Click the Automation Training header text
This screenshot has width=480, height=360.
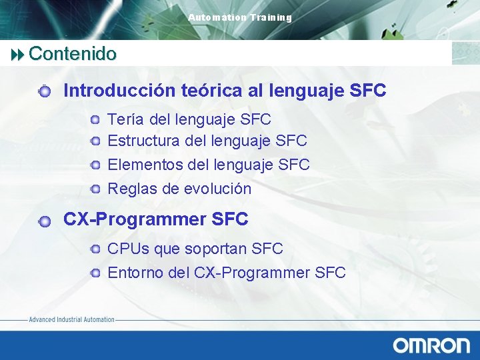pos(240,18)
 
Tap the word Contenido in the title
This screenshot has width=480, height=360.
pos(73,53)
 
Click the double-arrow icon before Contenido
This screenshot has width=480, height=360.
pos(19,54)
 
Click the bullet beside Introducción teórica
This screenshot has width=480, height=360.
pos(44,91)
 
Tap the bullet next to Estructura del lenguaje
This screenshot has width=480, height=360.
pos(96,141)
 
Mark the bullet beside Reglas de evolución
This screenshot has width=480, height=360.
pos(96,189)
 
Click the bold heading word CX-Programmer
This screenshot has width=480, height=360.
pos(134,219)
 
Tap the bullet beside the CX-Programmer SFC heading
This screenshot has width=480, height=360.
pos(44,221)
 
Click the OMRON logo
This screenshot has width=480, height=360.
pos(431,345)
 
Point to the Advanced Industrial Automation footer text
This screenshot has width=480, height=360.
pos(71,320)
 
